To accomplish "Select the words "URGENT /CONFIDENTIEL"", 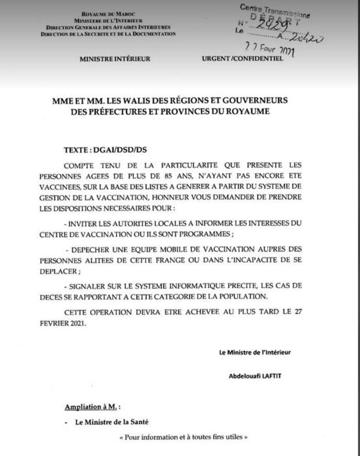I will (242, 59).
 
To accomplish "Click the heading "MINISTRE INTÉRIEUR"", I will (115, 59).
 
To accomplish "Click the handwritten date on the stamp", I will (270, 49).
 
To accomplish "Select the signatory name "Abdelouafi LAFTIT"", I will (255, 376).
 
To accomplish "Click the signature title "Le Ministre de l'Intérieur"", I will (255, 352).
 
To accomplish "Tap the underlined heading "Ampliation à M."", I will (91, 407).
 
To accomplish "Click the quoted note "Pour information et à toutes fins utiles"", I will (183, 437).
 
